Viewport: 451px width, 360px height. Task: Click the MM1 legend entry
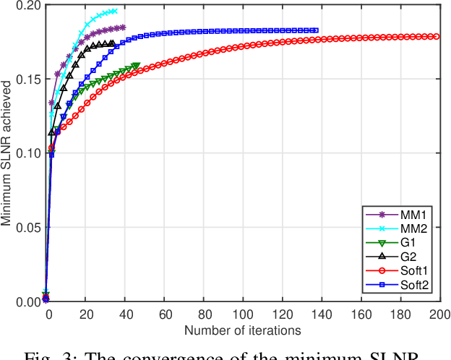coord(397,215)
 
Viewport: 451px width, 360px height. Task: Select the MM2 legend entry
coord(397,229)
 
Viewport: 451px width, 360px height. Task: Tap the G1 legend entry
coord(397,243)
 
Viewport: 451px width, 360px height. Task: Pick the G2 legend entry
coord(397,257)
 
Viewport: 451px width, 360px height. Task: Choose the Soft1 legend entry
coord(397,271)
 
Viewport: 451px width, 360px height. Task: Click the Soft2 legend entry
coord(397,285)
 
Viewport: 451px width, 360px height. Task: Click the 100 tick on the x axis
coord(243,316)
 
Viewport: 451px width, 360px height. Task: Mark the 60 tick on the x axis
coord(164,316)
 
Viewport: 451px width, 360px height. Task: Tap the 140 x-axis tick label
coord(321,316)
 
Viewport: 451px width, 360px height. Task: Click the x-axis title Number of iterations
coord(242,330)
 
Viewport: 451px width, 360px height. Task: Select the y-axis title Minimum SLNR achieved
coord(7,153)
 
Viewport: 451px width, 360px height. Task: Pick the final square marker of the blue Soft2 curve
coord(316,30)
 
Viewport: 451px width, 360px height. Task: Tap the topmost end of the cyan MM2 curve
coord(115,11)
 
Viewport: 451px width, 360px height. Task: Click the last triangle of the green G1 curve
coord(136,66)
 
